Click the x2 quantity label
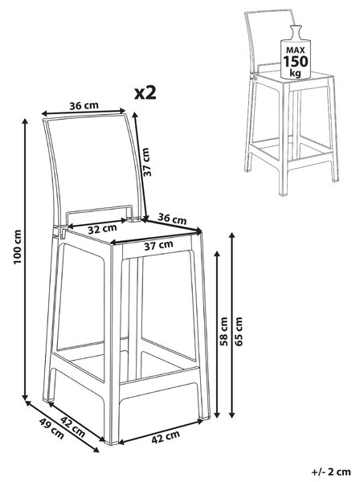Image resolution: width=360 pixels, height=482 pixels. tap(145, 92)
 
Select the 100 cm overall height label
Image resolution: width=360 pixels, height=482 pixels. tap(18, 247)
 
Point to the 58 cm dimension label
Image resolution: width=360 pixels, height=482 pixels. tap(225, 331)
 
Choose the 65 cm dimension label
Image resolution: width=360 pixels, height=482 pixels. tap(239, 331)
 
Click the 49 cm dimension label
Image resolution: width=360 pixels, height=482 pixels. tap(51, 429)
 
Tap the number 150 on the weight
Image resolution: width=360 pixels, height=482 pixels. tap(295, 62)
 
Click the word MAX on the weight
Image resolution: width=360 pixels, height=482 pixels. tap(295, 50)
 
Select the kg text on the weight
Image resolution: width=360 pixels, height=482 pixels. tap(295, 73)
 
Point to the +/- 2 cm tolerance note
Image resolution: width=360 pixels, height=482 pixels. tap(331, 472)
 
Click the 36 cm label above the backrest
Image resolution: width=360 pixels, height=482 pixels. tap(84, 106)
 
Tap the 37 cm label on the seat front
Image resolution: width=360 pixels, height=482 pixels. tap(158, 245)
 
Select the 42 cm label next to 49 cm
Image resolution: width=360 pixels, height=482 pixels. tap(72, 427)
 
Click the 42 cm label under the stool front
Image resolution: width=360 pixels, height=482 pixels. tap(166, 437)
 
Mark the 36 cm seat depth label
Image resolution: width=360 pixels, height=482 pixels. tap(172, 219)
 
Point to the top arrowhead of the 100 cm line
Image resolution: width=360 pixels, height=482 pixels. tap(26, 121)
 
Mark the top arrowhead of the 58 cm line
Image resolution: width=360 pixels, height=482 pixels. tap(217, 255)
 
